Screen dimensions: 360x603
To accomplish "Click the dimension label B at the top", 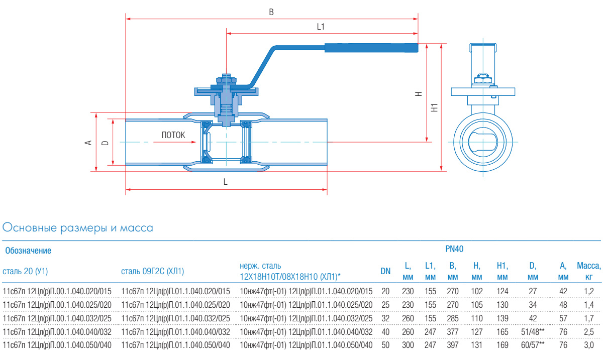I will [x=271, y=12].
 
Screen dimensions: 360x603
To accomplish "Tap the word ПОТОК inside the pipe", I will [x=173, y=135].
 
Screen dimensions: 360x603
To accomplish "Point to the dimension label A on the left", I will [x=88, y=143].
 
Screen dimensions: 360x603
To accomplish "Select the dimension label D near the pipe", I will [x=105, y=143].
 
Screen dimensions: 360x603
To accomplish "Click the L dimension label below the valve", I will [x=226, y=183].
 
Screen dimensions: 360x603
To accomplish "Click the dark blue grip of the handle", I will [x=371, y=48].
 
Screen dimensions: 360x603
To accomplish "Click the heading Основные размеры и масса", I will [x=78, y=228].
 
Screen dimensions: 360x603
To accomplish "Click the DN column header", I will [x=385, y=272].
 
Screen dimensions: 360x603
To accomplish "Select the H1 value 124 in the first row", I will [x=502, y=291].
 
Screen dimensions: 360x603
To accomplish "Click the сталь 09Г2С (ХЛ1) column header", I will [x=153, y=272].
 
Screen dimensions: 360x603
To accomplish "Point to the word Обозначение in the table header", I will [x=28, y=250].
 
